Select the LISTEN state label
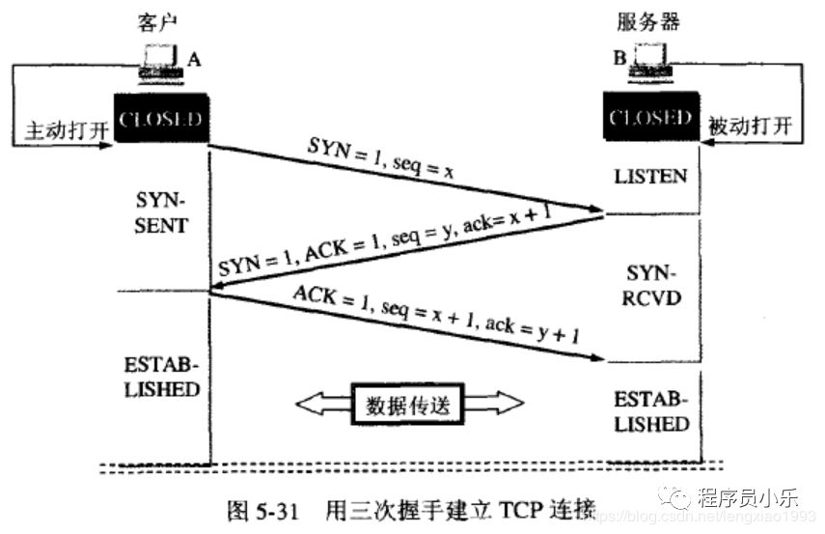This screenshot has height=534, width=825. coord(651,176)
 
